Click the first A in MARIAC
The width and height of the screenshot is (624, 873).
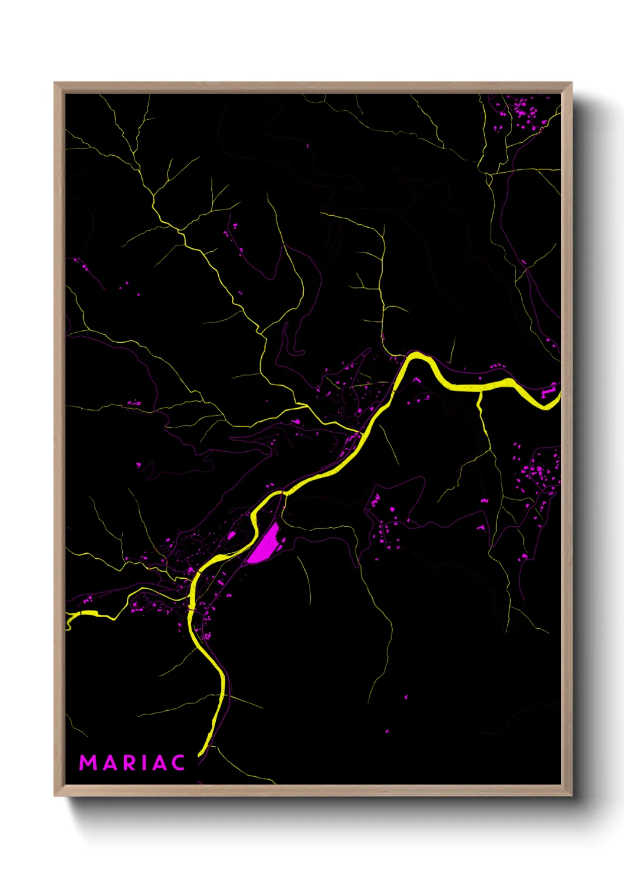coord(110,763)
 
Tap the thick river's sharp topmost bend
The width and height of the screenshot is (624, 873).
coord(416,355)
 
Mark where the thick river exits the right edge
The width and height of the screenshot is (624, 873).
coord(557,396)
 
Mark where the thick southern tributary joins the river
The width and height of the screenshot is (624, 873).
coord(480,392)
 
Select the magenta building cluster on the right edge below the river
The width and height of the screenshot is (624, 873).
coord(537,472)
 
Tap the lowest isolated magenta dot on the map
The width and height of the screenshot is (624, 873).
coord(387,731)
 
